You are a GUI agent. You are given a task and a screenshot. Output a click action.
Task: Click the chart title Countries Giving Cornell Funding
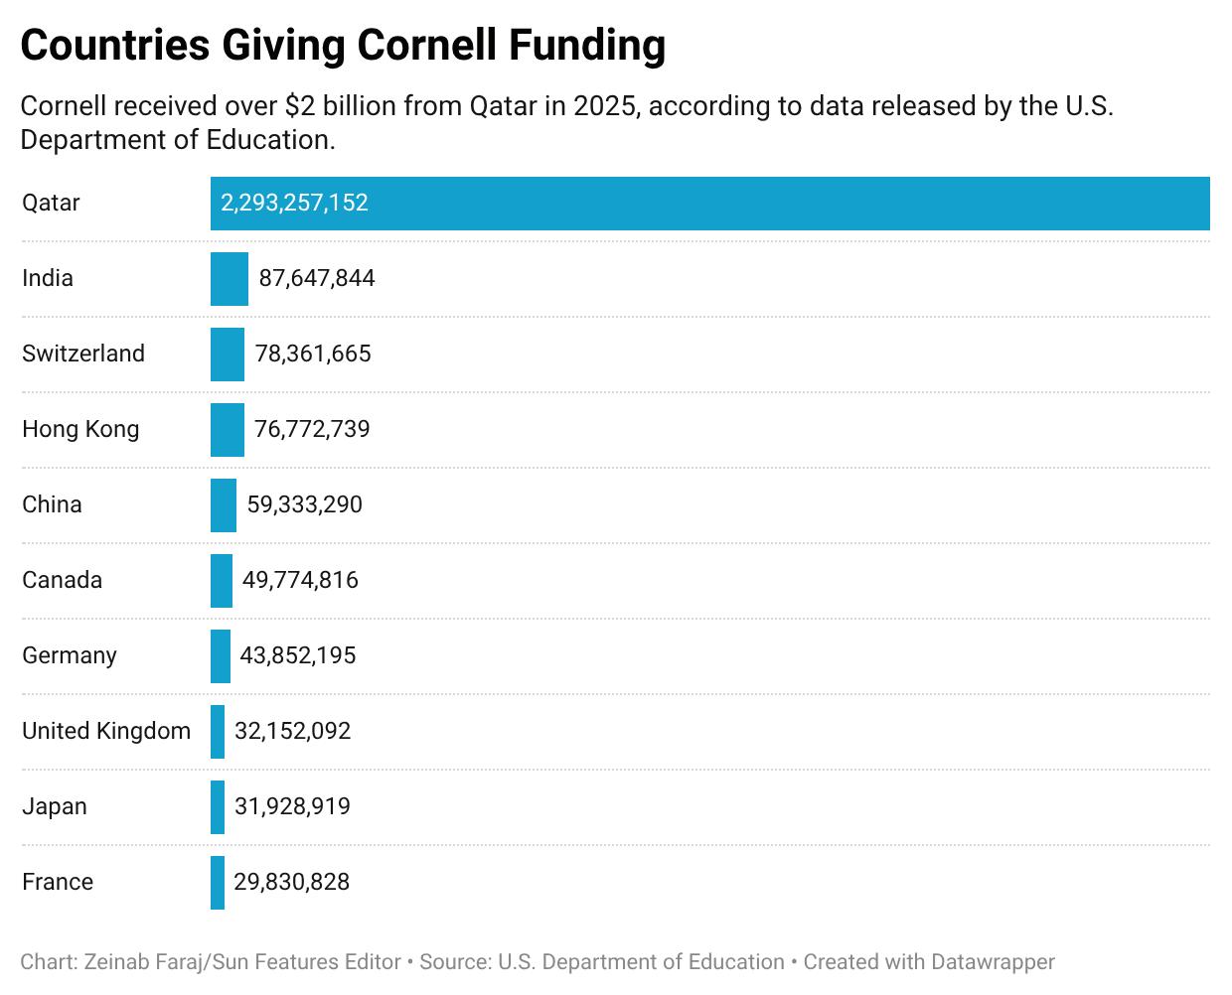click(343, 46)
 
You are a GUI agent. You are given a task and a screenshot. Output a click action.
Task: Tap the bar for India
click(229, 279)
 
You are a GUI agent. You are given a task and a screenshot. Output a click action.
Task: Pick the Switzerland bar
click(227, 355)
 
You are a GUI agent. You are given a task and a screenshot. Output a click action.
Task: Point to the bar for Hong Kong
click(227, 430)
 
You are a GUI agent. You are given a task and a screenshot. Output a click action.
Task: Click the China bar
click(224, 505)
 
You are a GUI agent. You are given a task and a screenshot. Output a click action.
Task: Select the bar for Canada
click(221, 581)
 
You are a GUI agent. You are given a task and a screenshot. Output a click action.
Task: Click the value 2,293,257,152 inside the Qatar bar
click(294, 204)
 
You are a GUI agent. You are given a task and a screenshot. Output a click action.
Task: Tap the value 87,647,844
click(317, 279)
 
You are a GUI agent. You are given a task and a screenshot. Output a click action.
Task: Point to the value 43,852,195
click(297, 656)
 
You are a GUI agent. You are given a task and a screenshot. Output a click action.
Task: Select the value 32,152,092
click(292, 732)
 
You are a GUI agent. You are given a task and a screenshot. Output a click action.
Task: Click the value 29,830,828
click(291, 883)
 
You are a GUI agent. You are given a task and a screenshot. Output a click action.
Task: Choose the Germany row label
click(70, 656)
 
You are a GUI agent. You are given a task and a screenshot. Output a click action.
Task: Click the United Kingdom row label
click(106, 732)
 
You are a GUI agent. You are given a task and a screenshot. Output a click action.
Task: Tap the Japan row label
click(55, 807)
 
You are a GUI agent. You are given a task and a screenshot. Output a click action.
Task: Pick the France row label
click(58, 883)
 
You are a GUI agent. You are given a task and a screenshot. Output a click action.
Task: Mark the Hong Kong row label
click(80, 430)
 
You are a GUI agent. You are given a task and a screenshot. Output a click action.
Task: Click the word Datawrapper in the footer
click(993, 962)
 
